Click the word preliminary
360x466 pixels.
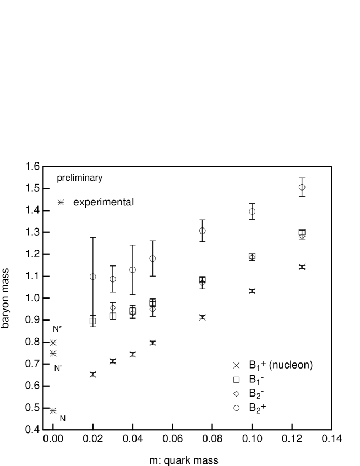(x=80, y=178)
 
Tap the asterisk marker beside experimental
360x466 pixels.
(x=61, y=203)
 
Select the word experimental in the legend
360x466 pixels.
(x=103, y=202)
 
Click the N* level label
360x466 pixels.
(x=57, y=329)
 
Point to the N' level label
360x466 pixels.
(x=57, y=369)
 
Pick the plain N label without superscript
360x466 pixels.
(x=62, y=419)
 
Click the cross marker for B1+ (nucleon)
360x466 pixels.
(x=237, y=365)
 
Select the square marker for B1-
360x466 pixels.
(x=237, y=380)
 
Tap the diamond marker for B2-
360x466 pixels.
(x=237, y=394)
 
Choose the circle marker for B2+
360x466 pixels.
(x=237, y=408)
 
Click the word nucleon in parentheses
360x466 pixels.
(x=291, y=365)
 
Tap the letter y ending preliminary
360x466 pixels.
(x=101, y=179)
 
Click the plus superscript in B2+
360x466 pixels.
(x=264, y=405)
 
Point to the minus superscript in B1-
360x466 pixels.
(x=263, y=377)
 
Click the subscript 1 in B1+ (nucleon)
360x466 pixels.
(x=258, y=368)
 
